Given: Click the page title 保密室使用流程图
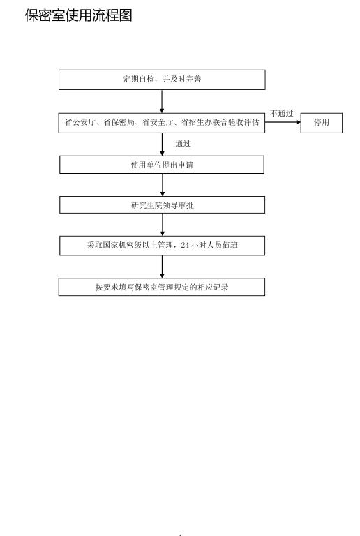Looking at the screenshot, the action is [78, 15].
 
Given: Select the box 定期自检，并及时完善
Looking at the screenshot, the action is [162, 80].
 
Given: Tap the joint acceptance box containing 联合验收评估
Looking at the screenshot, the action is [162, 123].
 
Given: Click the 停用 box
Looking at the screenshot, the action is [322, 123].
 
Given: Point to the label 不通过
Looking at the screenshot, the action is [282, 113].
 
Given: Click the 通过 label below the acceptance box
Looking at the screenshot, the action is [183, 144].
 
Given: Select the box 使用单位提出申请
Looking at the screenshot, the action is [162, 165].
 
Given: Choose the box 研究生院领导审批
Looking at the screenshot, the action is [163, 205].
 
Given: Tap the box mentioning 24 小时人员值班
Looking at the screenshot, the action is [163, 246].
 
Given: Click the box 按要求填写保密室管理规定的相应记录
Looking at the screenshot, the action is [162, 287].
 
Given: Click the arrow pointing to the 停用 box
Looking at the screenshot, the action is [283, 122].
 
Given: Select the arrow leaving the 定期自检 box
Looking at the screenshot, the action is [162, 101].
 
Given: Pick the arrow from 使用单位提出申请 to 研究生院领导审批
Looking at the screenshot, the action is [163, 185].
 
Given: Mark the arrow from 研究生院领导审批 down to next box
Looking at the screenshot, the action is [163, 225].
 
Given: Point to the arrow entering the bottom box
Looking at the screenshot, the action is [162, 267].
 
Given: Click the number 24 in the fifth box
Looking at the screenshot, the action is [185, 245].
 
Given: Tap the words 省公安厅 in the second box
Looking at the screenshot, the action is [80, 122].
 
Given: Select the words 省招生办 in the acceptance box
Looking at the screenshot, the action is [196, 122].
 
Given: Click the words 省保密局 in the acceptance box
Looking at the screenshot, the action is [119, 122].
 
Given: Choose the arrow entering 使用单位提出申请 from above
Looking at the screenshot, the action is [163, 144].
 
